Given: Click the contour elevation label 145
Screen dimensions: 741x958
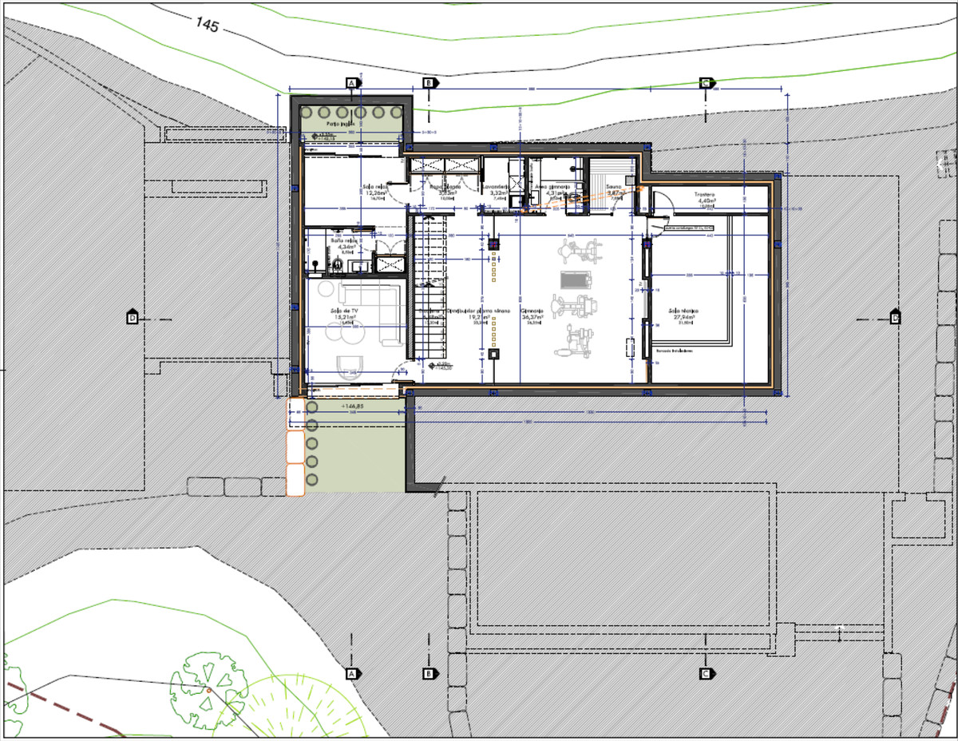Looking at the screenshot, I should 207,24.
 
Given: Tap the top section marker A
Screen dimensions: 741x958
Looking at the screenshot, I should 350,83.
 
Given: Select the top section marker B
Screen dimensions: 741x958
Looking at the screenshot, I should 428,83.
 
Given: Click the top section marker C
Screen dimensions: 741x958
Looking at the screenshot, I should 705,83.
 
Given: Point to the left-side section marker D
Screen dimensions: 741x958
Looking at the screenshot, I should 133,318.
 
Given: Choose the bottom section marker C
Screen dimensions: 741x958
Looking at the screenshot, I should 705,673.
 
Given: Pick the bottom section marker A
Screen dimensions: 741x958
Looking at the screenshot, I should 350,674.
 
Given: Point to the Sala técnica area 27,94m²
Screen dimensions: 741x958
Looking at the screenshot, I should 683,317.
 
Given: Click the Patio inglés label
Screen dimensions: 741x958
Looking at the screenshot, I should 340,125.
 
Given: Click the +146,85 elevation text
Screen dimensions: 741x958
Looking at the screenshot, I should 351,406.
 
